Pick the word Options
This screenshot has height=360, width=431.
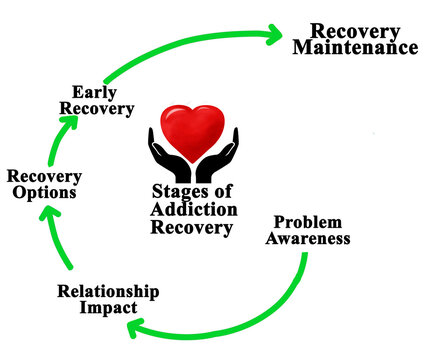[x=44, y=192]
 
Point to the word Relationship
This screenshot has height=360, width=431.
[x=108, y=292]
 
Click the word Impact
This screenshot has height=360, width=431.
[x=108, y=307]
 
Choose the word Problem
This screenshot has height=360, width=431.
[x=309, y=222]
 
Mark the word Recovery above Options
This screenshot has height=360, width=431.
[x=44, y=176]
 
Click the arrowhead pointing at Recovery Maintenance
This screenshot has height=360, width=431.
[x=271, y=35]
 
